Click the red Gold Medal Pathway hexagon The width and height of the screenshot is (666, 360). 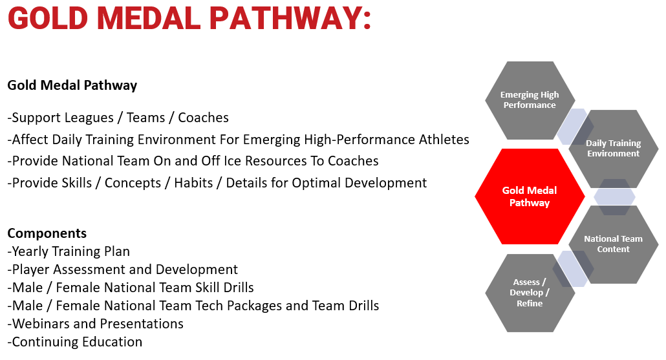[x=530, y=196]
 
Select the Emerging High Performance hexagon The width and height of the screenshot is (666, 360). [x=530, y=100]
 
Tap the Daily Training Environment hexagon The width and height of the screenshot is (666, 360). [x=614, y=149]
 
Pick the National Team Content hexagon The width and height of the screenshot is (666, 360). [x=614, y=244]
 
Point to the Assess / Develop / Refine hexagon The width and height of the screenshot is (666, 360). [x=530, y=293]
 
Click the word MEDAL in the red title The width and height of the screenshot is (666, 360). [x=148, y=18]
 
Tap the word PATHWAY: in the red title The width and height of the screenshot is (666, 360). [x=290, y=18]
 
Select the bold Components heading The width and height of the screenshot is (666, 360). [x=47, y=233]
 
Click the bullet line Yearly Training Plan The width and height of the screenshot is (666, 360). [x=69, y=251]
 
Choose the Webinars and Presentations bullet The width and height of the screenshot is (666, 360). [x=96, y=324]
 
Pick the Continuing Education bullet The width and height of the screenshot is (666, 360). [x=75, y=342]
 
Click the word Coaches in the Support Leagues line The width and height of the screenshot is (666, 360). [x=203, y=118]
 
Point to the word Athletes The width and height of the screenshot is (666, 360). [x=444, y=140]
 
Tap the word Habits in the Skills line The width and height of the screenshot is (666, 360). [x=193, y=183]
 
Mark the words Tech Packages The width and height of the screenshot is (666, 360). [x=239, y=306]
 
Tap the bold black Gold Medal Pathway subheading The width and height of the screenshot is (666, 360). [x=72, y=85]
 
